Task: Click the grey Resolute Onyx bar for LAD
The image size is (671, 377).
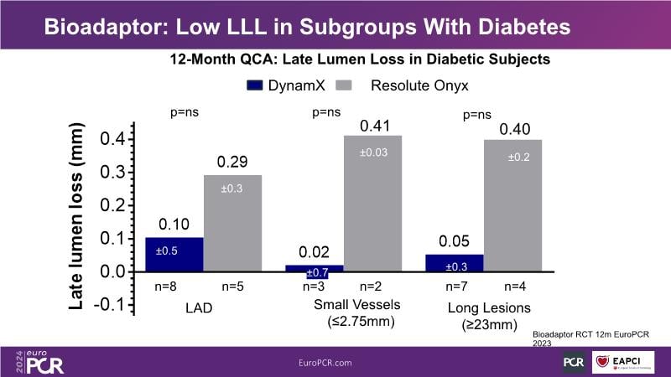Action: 233,223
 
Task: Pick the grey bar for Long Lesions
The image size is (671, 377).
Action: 512,205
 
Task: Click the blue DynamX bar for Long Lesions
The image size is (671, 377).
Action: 454,263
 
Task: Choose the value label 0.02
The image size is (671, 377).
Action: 313,251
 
